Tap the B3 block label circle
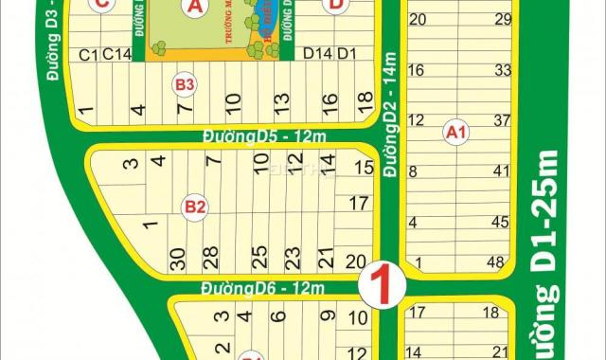[x=184, y=86]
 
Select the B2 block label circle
[x=196, y=205]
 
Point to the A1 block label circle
[x=455, y=134]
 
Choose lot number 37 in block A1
[x=502, y=120]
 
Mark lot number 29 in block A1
[x=503, y=19]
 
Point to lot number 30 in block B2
[x=176, y=258]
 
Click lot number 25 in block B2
[x=257, y=257]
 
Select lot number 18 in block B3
[x=359, y=102]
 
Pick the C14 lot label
[x=116, y=54]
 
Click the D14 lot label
[x=316, y=54]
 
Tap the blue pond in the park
[x=258, y=17]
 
